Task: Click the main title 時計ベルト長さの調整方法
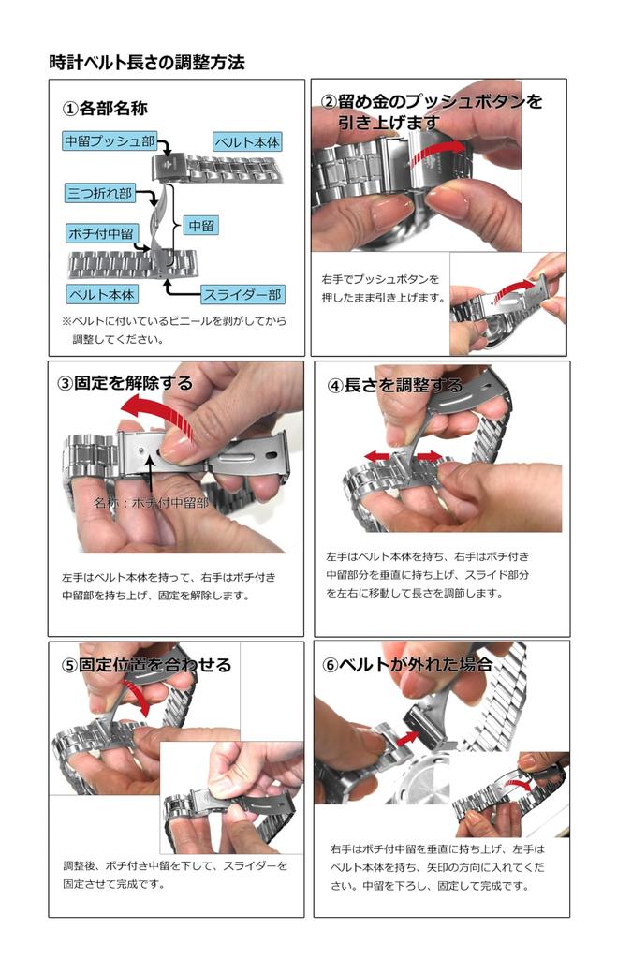click(147, 63)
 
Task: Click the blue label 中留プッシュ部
click(110, 141)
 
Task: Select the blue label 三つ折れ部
click(99, 193)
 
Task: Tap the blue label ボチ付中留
click(101, 233)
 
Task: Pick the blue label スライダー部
click(242, 295)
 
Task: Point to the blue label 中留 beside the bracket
click(201, 226)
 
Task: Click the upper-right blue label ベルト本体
click(247, 142)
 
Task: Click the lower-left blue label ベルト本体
click(101, 294)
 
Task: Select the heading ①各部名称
click(105, 109)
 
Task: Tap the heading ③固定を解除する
click(125, 383)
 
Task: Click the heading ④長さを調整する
click(395, 385)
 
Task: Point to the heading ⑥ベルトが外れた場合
click(407, 664)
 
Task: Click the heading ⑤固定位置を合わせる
click(146, 665)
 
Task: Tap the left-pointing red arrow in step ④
click(379, 456)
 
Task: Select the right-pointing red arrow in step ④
click(428, 456)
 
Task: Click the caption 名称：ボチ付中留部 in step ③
click(151, 503)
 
